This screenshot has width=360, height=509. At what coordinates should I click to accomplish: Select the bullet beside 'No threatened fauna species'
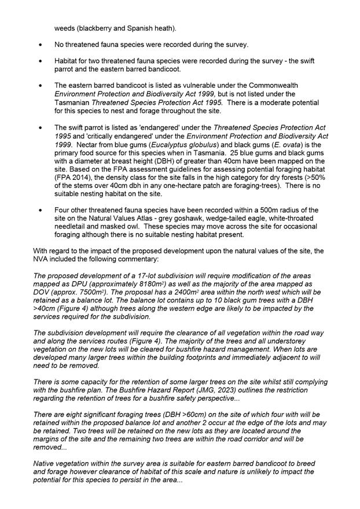pyautogui.click(x=40, y=44)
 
